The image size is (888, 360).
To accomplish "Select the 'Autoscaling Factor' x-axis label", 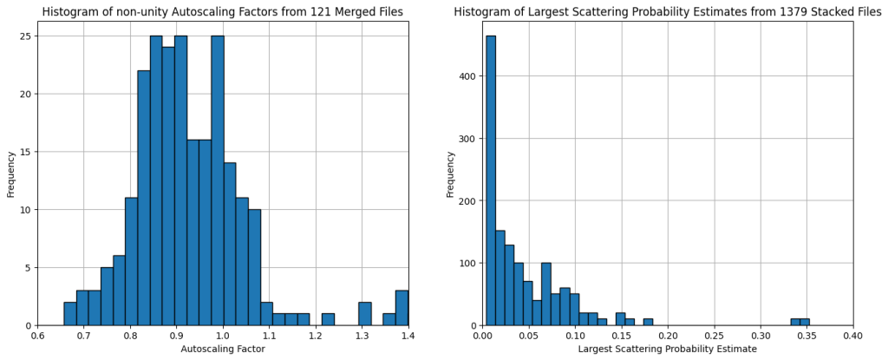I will pos(222,349).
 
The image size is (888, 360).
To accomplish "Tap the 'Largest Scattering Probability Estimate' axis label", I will pos(668,349).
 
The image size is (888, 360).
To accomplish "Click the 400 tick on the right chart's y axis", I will pos(466,75).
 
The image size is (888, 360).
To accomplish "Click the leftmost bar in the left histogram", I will pos(69,314).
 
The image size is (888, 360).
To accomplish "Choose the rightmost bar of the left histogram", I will pos(402,308).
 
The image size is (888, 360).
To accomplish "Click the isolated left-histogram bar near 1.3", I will pos(364,314).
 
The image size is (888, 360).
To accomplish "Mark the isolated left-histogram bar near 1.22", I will pos(328,319).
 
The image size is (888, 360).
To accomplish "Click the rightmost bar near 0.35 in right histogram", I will pos(805,322).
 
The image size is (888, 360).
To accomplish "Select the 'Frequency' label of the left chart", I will pos(11,173).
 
